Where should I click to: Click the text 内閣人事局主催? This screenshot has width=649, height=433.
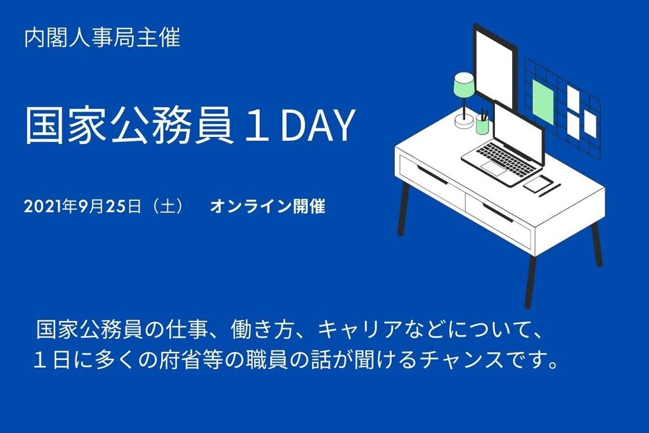(x=102, y=37)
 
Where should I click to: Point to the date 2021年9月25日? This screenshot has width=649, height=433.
(x=82, y=206)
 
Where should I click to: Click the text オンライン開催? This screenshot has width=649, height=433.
(x=267, y=206)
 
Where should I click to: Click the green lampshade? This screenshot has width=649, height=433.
(x=465, y=86)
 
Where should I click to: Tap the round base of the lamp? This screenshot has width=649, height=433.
(x=464, y=121)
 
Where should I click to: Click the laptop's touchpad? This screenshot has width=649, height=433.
(x=493, y=169)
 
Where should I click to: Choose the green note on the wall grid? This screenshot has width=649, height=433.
(x=543, y=102)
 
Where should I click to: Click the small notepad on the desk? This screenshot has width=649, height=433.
(x=538, y=184)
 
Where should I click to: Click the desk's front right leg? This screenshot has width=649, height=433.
(x=530, y=281)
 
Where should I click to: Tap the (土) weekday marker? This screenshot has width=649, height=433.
(x=168, y=206)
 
